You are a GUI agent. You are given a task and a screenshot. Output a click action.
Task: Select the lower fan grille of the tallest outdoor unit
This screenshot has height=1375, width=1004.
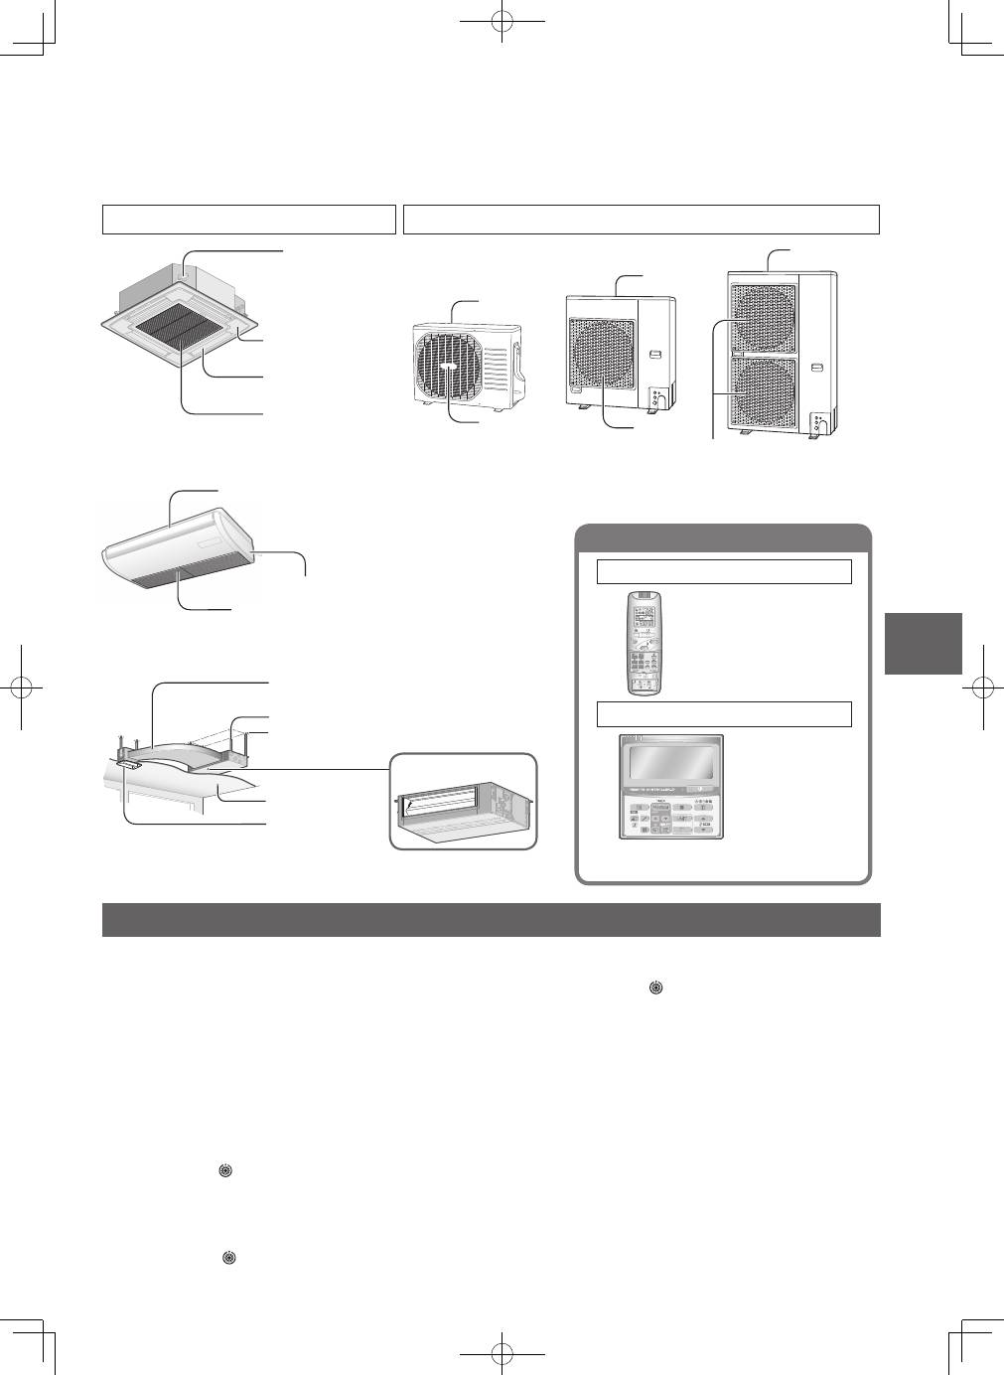coord(764,391)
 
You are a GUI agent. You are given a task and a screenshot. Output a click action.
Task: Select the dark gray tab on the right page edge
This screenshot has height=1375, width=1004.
coord(923,643)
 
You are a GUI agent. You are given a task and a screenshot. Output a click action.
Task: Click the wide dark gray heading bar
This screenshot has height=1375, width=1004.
coord(492,920)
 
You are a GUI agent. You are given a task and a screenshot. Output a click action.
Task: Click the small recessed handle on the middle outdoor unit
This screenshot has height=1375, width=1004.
coord(654,355)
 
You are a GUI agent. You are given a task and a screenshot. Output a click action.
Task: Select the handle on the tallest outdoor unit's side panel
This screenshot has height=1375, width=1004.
coord(816,368)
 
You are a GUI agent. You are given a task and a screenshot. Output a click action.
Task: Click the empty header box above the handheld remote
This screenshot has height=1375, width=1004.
coord(724,571)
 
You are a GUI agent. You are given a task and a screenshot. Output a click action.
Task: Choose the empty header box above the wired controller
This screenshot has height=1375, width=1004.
coord(724,713)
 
